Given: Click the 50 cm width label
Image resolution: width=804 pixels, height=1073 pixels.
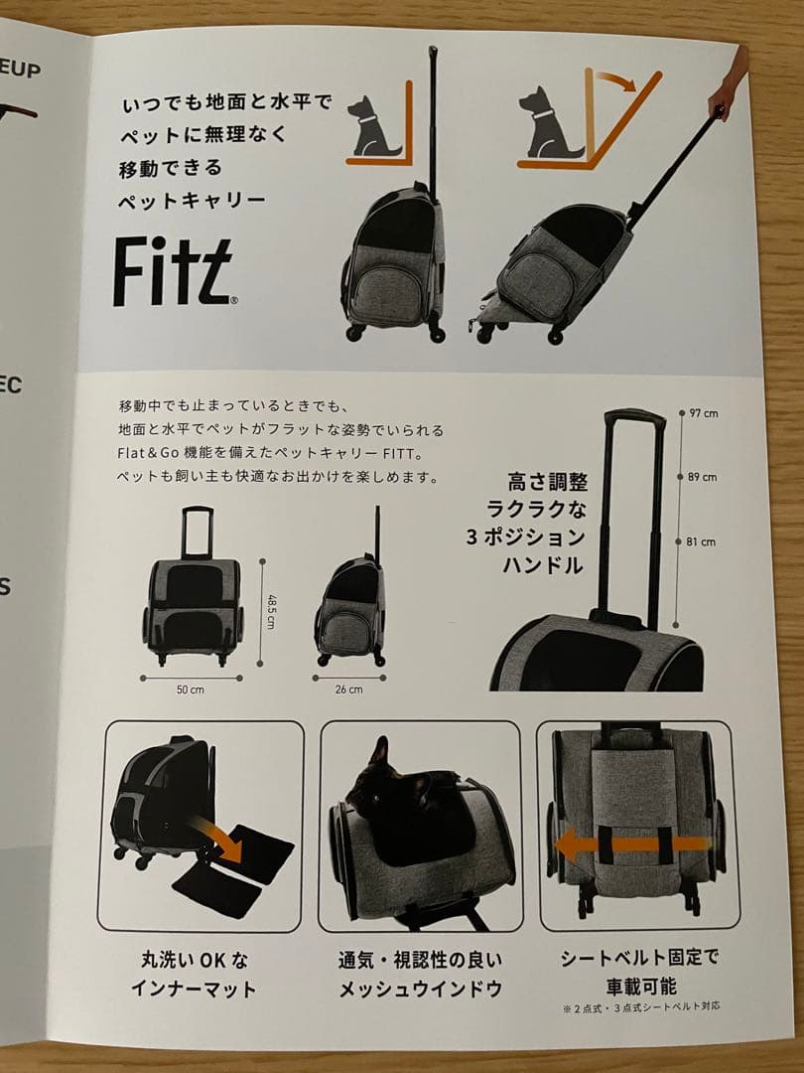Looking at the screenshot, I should coord(190,689).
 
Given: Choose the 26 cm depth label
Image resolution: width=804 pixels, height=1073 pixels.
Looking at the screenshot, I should coord(348,689).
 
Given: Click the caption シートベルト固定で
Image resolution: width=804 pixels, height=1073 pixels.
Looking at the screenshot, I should coord(639,959).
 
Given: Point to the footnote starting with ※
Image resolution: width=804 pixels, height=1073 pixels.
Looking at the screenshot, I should coord(640,1006).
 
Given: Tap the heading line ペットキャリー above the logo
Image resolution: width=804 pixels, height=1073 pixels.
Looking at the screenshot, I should coord(194,199).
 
